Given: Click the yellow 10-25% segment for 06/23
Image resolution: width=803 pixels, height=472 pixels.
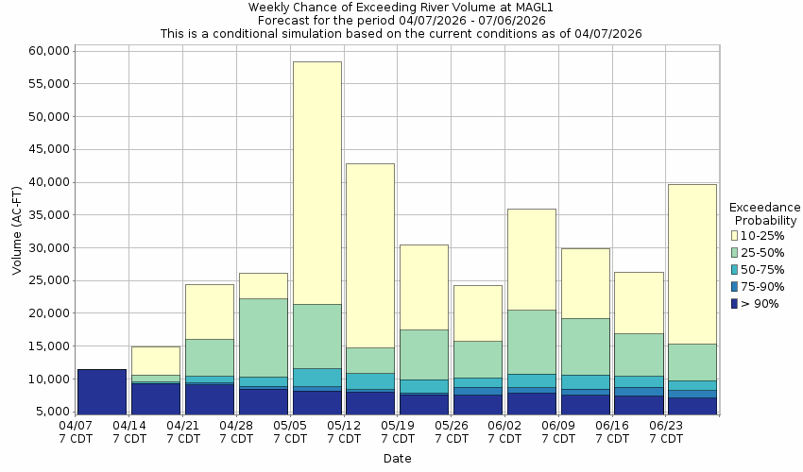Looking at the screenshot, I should point(692,263).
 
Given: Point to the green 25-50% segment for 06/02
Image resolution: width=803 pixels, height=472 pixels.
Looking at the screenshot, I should point(531,342).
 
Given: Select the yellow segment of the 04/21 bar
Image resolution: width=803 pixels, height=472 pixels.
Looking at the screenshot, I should point(209,312).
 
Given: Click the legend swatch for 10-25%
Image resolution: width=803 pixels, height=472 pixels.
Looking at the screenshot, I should point(734,235).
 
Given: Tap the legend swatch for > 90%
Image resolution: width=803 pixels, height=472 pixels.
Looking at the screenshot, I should point(734,303).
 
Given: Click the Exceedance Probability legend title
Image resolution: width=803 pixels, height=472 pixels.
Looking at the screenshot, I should point(765,213).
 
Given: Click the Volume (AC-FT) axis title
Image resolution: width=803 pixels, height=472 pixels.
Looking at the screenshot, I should point(16,230).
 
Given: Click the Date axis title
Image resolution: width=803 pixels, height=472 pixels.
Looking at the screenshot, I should point(397,459).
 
